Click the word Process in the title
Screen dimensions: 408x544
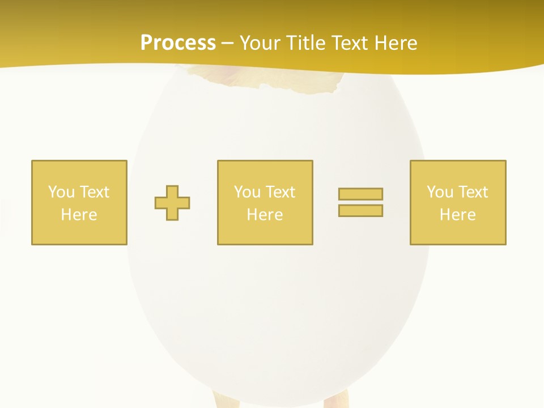[x=178, y=43]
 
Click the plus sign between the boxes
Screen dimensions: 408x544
[x=172, y=203]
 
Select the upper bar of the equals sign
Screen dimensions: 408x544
[x=360, y=194]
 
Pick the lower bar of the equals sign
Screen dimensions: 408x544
[x=360, y=210]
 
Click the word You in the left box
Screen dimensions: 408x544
[x=61, y=192]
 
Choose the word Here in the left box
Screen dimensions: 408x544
[x=79, y=215]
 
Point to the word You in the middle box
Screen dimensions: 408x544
[x=247, y=192]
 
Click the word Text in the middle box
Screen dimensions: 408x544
[x=279, y=192]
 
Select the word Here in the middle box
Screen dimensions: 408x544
[x=265, y=215]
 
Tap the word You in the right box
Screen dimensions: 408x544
[x=440, y=192]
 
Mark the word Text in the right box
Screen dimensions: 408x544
[x=472, y=192]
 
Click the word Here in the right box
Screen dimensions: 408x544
[x=457, y=215]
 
